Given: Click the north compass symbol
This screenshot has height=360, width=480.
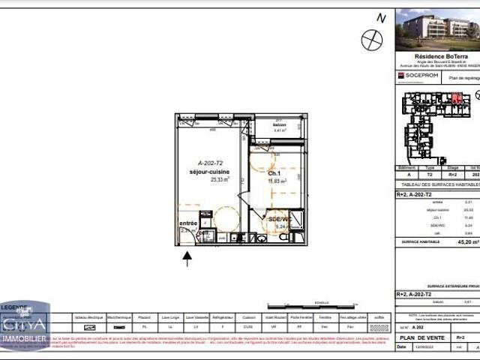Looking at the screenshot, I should coord(371,40).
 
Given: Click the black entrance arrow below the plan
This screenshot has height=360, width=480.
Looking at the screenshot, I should coord(187,259).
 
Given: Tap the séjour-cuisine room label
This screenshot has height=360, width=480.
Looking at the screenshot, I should coord(209,172).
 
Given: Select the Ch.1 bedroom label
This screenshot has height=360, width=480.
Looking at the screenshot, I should coord(274,173).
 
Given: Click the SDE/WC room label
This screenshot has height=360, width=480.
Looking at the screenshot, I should coord(279,219).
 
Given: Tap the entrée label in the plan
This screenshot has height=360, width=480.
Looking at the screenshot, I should coord(187,223).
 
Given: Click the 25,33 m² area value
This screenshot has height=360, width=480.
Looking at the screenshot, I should coord(219,180).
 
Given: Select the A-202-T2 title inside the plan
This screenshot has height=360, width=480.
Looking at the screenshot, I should coord(211,163).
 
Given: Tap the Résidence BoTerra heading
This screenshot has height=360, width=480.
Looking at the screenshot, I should coord(436,56).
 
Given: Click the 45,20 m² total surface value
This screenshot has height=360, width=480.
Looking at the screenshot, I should coord(466,242).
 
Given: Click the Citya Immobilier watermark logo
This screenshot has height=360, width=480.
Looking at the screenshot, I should coord(25,324).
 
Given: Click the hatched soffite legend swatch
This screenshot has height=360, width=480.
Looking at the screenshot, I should coord(380,328).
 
